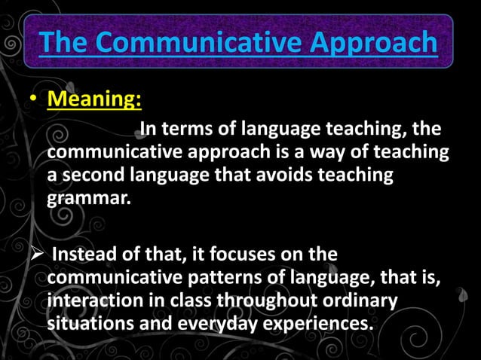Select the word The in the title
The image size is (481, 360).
(x=63, y=43)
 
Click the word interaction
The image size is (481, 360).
(x=93, y=302)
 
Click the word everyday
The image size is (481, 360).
(x=215, y=325)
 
